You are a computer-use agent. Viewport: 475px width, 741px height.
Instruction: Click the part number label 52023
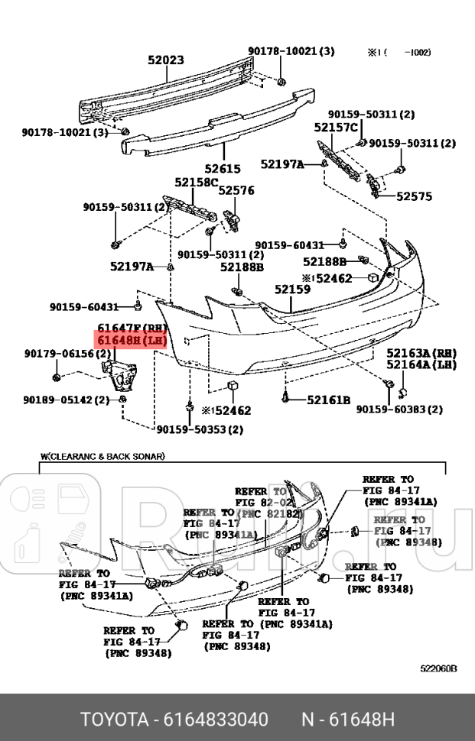(165, 59)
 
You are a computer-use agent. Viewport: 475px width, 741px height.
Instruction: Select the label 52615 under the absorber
(222, 169)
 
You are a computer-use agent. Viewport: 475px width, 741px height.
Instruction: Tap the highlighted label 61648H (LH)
(131, 340)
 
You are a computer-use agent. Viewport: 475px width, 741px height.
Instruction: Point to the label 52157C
(336, 127)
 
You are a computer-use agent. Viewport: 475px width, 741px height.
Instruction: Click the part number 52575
(414, 196)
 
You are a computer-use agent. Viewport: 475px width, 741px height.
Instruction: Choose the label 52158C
(196, 182)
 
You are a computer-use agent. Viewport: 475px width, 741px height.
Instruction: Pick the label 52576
(236, 190)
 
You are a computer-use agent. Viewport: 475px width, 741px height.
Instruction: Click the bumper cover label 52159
(292, 290)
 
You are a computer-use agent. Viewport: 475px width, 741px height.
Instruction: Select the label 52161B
(328, 400)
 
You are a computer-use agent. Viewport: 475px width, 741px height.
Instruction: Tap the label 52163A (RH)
(421, 353)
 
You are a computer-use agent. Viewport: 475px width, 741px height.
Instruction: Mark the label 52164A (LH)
(421, 364)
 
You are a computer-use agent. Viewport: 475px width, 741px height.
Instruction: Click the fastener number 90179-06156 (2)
(58, 353)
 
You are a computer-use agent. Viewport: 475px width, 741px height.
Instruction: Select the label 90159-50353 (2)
(200, 429)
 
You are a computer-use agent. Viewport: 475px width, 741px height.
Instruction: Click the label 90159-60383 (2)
(399, 409)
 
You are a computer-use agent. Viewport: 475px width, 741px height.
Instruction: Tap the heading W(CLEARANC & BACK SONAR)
(102, 456)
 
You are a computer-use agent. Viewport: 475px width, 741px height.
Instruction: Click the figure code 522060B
(438, 668)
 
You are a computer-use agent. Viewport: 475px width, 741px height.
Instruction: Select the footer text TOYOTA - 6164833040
(174, 720)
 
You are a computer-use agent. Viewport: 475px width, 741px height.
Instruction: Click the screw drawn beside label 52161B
(285, 397)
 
